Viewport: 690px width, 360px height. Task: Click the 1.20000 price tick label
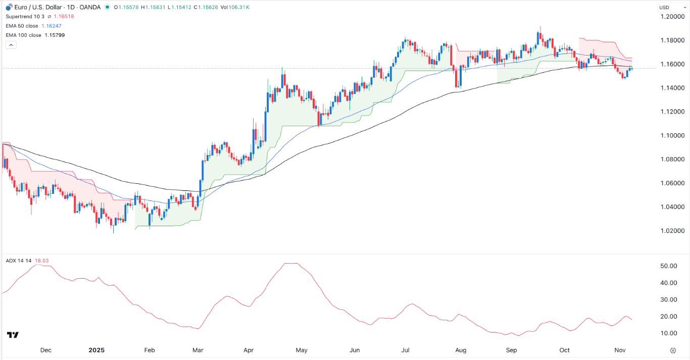coord(672,17)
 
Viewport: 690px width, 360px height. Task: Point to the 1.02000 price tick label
coord(672,231)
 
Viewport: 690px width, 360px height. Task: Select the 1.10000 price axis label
coord(672,135)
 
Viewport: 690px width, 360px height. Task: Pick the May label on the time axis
coord(302,350)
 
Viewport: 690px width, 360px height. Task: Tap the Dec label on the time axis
coord(45,350)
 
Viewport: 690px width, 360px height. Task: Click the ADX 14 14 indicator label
coord(19,261)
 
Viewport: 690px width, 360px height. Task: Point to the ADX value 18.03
coord(42,261)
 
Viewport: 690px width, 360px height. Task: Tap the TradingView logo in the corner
coord(13,335)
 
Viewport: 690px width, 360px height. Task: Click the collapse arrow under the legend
coord(11,45)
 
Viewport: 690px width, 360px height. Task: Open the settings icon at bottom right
coord(673,350)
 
